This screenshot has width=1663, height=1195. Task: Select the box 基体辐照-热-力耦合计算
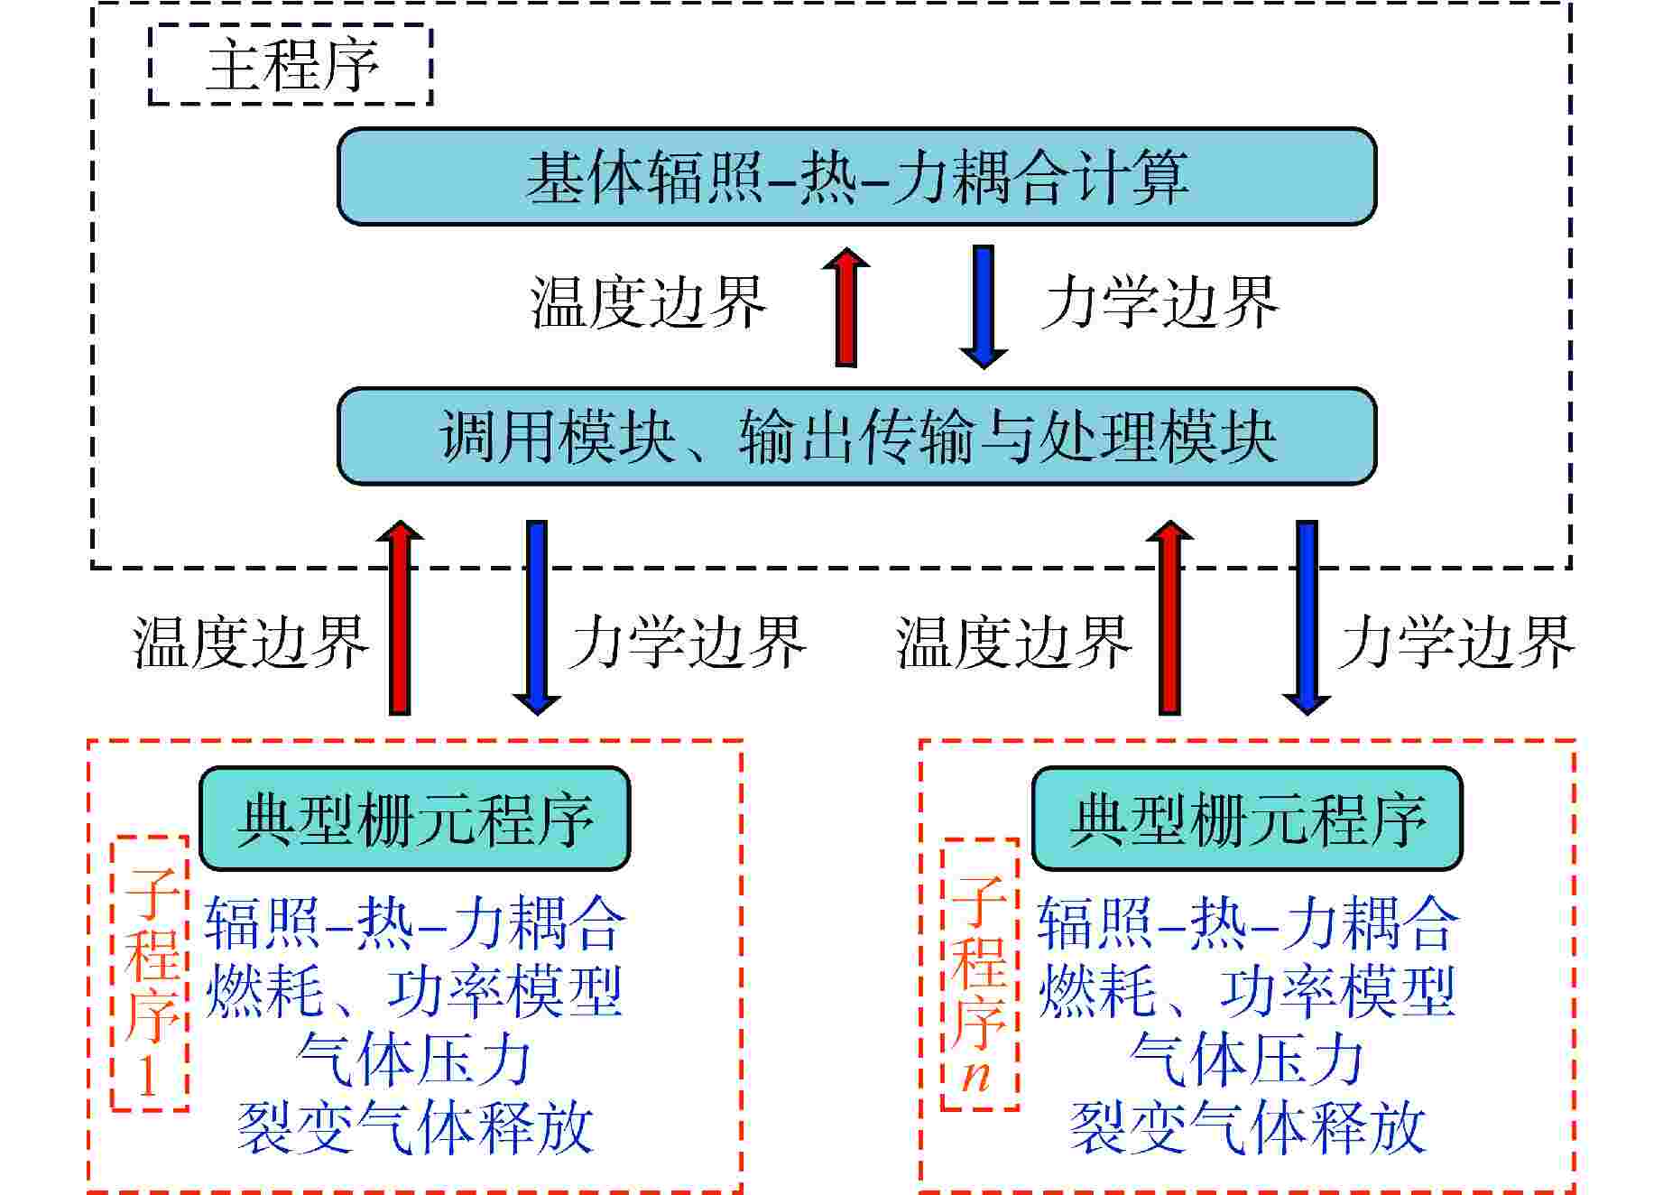pyautogui.click(x=856, y=176)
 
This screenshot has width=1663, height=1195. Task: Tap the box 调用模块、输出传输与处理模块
pyautogui.click(x=856, y=437)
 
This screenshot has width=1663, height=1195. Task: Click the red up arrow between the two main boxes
pyautogui.click(x=846, y=307)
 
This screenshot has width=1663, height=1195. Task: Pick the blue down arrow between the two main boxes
pyautogui.click(x=984, y=307)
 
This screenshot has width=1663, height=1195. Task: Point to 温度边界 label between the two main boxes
pyautogui.click(x=648, y=303)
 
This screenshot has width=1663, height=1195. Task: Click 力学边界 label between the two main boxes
pyautogui.click(x=1161, y=303)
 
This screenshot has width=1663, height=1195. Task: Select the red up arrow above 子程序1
pyautogui.click(x=400, y=617)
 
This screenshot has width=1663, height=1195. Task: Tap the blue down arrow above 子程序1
pyautogui.click(x=537, y=617)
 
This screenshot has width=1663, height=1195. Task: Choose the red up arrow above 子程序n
pyautogui.click(x=1169, y=617)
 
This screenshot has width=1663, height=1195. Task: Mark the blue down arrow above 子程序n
pyautogui.click(x=1307, y=617)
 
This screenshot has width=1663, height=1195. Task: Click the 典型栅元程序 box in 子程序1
pyautogui.click(x=414, y=819)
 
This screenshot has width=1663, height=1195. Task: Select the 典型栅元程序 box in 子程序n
pyautogui.click(x=1247, y=819)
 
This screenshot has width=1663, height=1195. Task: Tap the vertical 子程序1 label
pyautogui.click(x=150, y=973)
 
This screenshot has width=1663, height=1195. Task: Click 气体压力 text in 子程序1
pyautogui.click(x=414, y=1061)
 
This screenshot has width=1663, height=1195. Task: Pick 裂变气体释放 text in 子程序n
pyautogui.click(x=1247, y=1128)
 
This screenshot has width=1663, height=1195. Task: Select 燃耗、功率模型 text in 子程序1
pyautogui.click(x=414, y=992)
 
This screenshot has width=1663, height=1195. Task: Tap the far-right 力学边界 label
pyautogui.click(x=1457, y=644)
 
